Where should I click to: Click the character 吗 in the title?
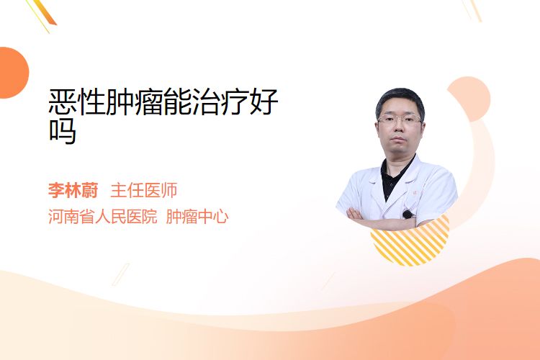(63, 131)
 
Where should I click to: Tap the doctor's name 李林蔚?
(73, 190)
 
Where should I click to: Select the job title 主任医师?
(144, 190)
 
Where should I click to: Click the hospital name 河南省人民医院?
(103, 217)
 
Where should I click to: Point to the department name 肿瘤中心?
(197, 217)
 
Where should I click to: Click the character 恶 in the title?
(63, 102)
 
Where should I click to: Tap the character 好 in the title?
(264, 102)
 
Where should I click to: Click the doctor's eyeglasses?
(400, 120)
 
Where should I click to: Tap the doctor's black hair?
(400, 101)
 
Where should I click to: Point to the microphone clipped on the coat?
(408, 215)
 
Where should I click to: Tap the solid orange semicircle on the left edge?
(13, 73)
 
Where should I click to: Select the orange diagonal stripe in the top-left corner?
(43, 12)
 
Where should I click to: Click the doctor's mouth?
(398, 140)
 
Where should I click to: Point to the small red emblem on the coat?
(415, 192)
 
